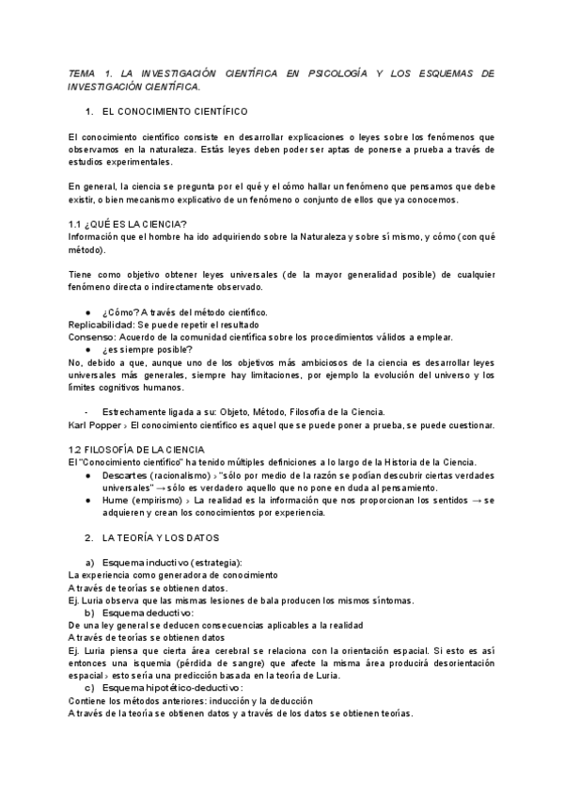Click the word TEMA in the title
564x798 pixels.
84,73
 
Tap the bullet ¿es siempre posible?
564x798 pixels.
148,349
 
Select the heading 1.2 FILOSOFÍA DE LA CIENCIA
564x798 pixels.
143,450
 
